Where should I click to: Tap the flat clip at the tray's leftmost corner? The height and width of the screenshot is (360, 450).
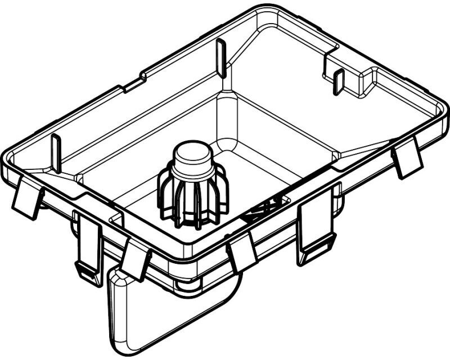pyautogui.click(x=27, y=196)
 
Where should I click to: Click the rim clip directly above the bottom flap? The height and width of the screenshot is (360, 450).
pyautogui.click(x=136, y=258)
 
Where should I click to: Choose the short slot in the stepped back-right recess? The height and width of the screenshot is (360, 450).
pyautogui.click(x=339, y=81)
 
